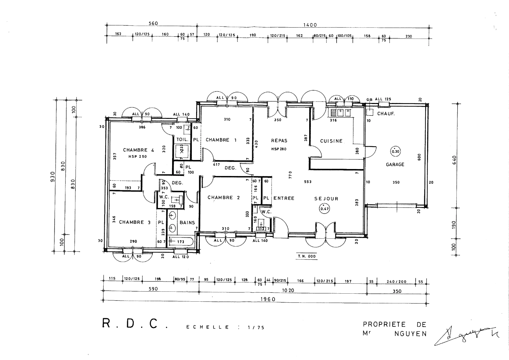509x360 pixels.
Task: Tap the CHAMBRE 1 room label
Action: pos(221,140)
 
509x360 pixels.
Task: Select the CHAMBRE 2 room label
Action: pos(223,198)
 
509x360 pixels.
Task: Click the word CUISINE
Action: pos(331,141)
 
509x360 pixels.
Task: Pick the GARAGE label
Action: pos(395,164)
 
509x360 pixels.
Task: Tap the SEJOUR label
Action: pos(326,199)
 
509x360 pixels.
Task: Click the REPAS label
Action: pos(279,141)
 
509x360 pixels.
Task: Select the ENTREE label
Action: pos(284,198)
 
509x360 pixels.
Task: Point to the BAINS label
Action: pos(187,223)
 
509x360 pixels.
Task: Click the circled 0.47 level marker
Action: pos(324,209)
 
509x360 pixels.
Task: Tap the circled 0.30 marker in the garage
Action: pos(395,151)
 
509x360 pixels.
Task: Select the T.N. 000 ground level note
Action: pos(307,256)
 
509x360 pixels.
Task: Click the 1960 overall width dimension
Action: pos(268,299)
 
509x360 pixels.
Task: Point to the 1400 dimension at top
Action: pos(310,25)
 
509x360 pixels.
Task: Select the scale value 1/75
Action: pos(256,328)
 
